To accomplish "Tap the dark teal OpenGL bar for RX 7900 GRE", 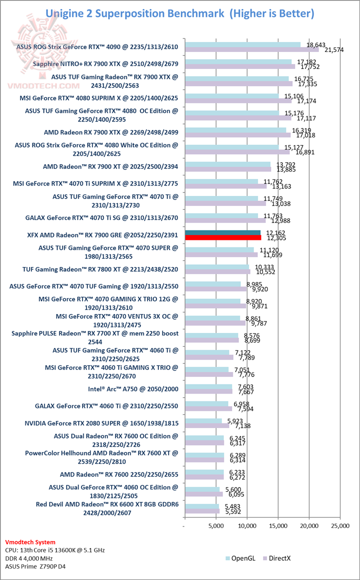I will [x=222, y=232].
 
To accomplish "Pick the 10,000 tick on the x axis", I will [x=247, y=525].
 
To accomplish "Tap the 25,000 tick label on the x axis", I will [x=340, y=525].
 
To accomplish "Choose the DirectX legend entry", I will [x=281, y=556].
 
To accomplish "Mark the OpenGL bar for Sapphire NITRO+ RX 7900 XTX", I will [x=238, y=61].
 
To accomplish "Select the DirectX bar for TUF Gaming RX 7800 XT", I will [x=217, y=272].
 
